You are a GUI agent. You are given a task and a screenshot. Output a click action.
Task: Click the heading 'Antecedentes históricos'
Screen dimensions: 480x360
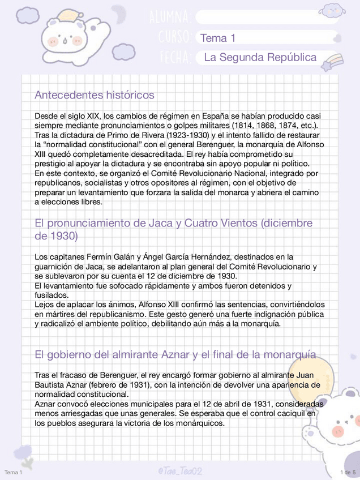[x=94, y=95]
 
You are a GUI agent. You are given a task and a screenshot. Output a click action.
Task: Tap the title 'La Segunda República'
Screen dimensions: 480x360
[x=260, y=58]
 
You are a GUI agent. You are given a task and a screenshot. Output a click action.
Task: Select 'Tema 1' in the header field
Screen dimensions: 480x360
[x=217, y=38]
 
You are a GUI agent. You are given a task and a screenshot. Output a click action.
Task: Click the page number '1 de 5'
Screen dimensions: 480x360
[x=347, y=472]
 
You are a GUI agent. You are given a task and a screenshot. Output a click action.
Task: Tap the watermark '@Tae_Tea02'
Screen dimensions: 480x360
[x=180, y=471]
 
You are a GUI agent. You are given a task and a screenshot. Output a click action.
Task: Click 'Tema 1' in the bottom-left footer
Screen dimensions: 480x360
[x=13, y=472]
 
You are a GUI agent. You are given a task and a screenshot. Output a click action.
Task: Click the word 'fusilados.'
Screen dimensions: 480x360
[x=52, y=295]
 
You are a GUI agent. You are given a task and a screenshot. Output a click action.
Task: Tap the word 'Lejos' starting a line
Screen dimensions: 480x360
[x=45, y=305]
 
